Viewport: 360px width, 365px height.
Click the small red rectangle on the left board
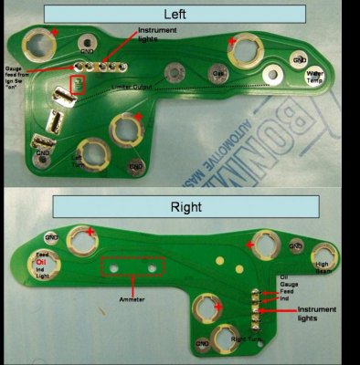(x=79, y=87)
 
